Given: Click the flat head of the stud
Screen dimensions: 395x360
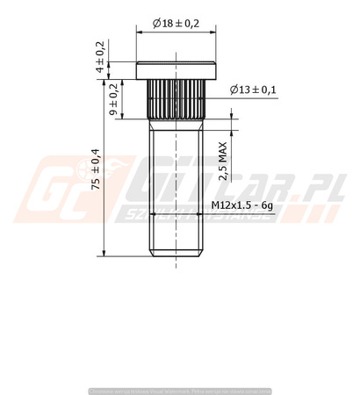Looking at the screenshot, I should click(176, 68).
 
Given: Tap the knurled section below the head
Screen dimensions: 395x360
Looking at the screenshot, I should click(176, 99).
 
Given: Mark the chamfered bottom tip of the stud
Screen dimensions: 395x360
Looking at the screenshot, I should click(176, 255).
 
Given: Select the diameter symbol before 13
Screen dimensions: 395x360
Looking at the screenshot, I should click(234, 90).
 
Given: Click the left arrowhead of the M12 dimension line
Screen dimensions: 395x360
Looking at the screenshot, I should click(152, 213).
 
